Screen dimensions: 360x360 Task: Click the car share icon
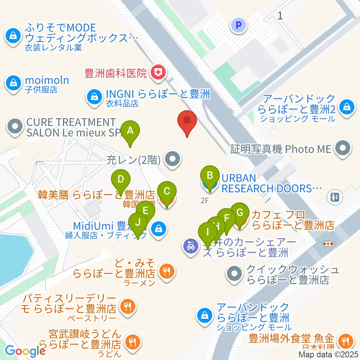(x=191, y=246)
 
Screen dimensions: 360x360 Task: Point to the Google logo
(x=25, y=350)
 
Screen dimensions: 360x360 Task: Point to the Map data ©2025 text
(x=328, y=354)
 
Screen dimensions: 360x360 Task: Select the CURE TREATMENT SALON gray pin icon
(x=15, y=127)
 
